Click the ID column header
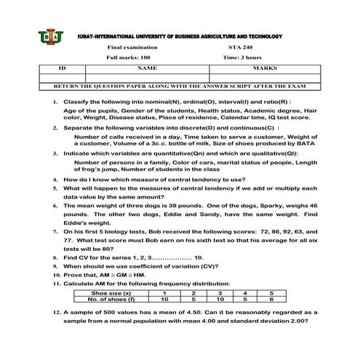pyautogui.click(x=62, y=67)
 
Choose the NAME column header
pyautogui.click(x=146, y=67)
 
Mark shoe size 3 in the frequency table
pyautogui.click(x=214, y=292)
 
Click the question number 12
pyautogui.click(x=56, y=312)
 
